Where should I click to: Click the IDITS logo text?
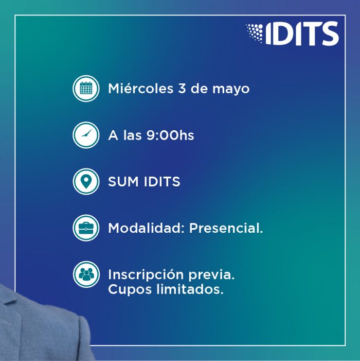302,33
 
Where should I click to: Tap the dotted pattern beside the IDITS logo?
255,33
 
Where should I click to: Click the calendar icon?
86,89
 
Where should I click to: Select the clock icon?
86,135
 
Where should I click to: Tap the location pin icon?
86,182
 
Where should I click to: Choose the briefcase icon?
86,228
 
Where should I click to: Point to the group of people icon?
86,274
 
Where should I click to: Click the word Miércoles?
141,89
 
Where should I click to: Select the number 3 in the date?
182,89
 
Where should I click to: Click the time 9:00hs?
170,135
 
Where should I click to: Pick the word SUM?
123,182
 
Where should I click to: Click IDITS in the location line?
162,182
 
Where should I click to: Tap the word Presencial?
226,228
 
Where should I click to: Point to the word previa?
211,276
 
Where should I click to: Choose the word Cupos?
130,290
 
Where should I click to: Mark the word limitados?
190,289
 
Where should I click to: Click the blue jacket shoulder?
41,327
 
